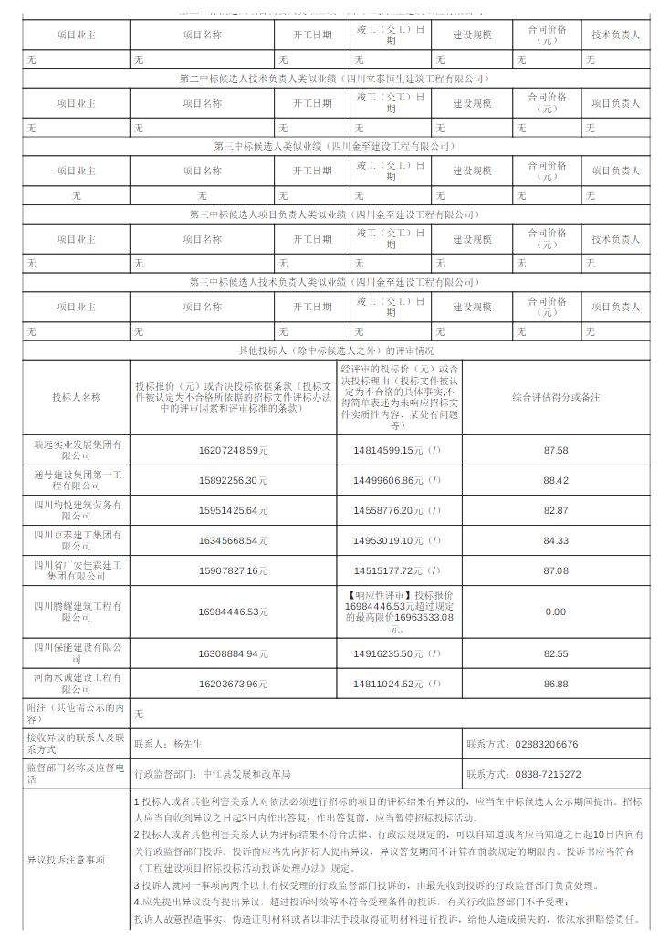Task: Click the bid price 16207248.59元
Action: pyautogui.click(x=234, y=450)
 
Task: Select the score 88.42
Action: pyautogui.click(x=555, y=480)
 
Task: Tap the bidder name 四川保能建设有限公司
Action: pyautogui.click(x=78, y=653)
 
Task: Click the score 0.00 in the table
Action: pyautogui.click(x=555, y=612)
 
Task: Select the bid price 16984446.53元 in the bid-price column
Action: pyautogui.click(x=234, y=612)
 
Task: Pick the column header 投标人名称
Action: pyautogui.click(x=78, y=397)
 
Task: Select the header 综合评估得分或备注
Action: pyautogui.click(x=555, y=397)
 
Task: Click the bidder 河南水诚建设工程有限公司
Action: pyautogui.click(x=78, y=683)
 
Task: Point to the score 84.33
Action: pyautogui.click(x=555, y=540)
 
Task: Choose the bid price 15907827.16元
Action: pyautogui.click(x=234, y=570)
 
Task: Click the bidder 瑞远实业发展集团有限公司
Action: pyautogui.click(x=78, y=450)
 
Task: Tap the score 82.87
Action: pyautogui.click(x=555, y=510)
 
